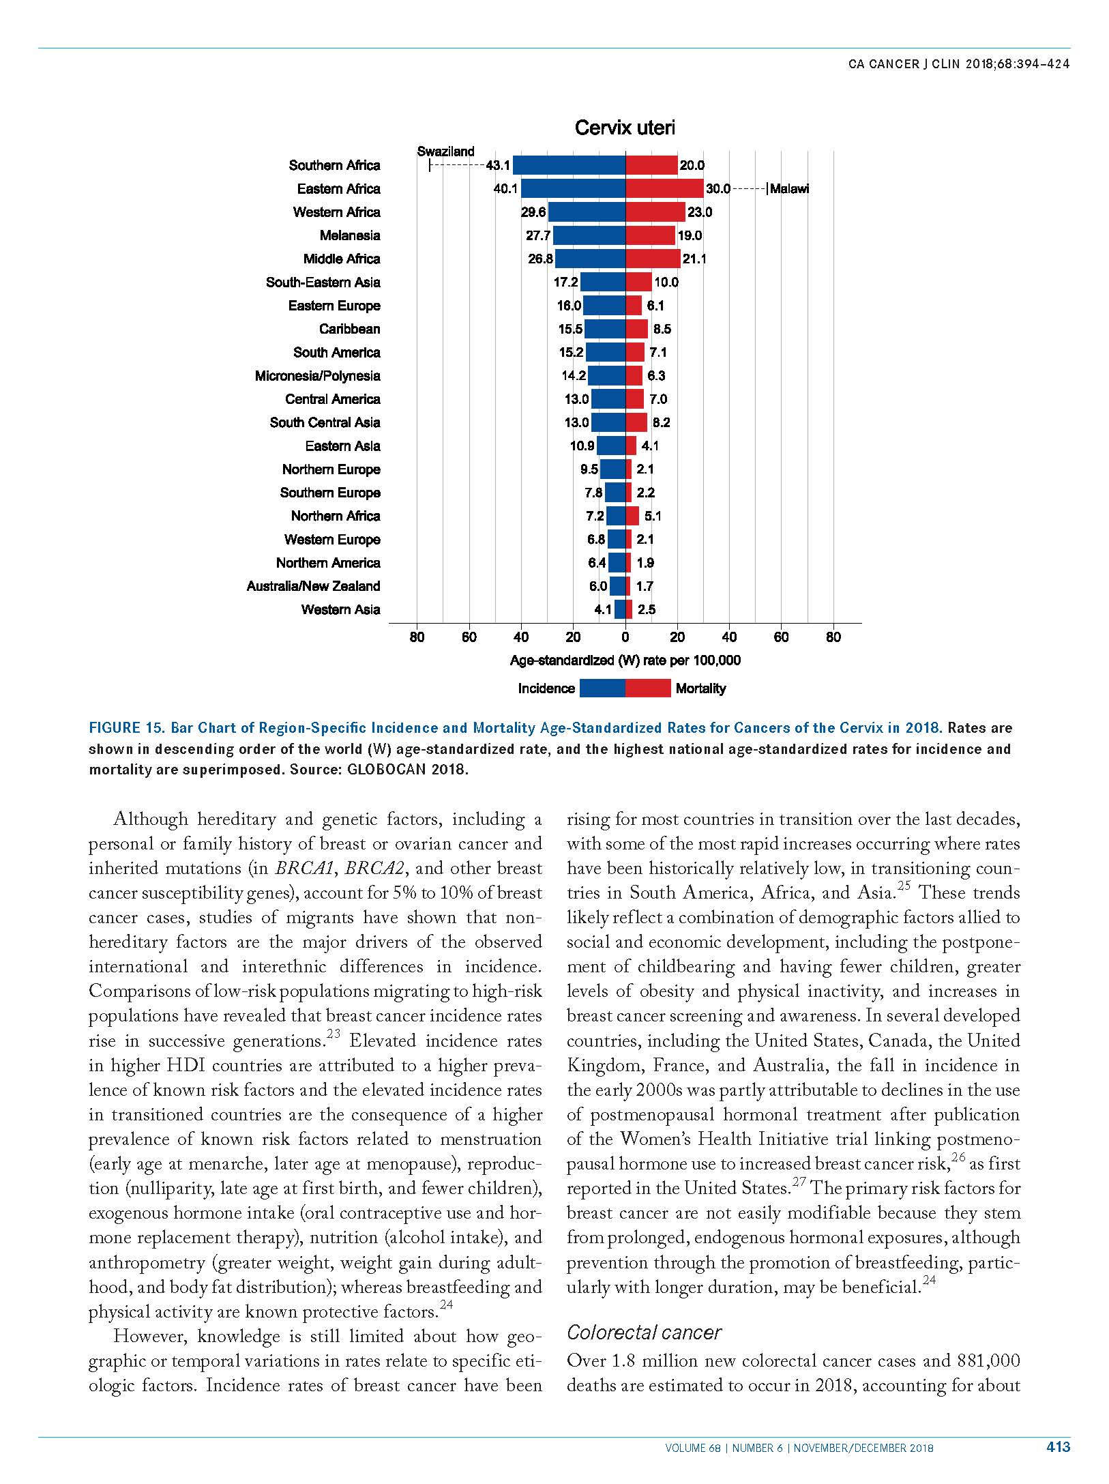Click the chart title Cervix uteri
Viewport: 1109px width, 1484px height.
click(625, 128)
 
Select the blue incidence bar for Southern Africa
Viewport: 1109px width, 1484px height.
click(569, 165)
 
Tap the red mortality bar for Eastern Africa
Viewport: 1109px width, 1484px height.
click(664, 188)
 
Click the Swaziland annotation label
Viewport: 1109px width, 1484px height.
click(445, 151)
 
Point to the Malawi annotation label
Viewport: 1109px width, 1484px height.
click(789, 189)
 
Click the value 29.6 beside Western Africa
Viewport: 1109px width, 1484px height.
click(533, 212)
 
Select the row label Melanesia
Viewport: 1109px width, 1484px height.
click(350, 235)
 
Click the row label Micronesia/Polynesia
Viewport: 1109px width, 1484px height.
click(318, 376)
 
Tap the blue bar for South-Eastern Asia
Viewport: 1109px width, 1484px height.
click(603, 282)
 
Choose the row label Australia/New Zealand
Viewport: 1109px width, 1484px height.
click(314, 586)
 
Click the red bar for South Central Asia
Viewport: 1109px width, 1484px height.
click(636, 422)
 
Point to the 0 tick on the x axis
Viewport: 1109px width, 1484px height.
click(625, 637)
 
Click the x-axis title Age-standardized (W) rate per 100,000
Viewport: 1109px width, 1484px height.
click(625, 660)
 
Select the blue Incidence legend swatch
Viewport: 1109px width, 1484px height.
click(602, 688)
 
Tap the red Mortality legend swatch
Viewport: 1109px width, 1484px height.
click(648, 688)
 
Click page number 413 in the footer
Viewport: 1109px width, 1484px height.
click(1058, 1444)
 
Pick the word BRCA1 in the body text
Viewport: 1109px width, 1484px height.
click(306, 869)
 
